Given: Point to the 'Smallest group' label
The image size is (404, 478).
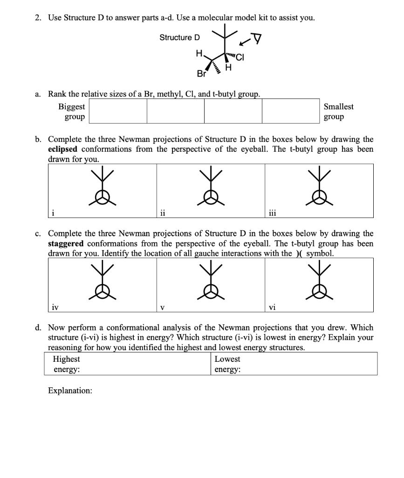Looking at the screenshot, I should pos(338,112).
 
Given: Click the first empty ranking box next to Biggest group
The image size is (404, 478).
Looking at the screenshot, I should pos(118,112).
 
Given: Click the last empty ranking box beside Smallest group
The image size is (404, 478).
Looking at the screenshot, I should pos(291,112).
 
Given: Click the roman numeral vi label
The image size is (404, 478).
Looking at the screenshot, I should pos(273,307).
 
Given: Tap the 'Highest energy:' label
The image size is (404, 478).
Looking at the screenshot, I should pos(66,364).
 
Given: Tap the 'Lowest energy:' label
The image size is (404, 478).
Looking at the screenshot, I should pos(227,364).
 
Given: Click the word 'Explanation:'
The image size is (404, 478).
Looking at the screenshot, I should pos(70,390).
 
